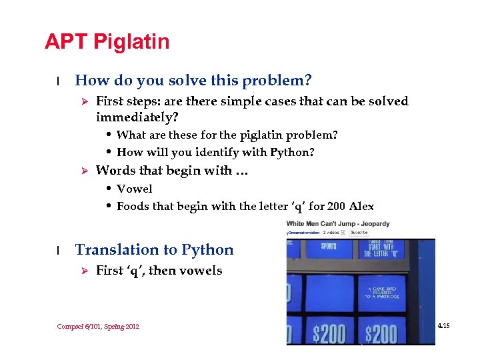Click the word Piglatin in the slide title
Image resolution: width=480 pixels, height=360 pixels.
131,43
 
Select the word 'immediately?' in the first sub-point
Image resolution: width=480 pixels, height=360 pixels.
137,117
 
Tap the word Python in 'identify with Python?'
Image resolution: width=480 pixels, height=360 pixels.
292,152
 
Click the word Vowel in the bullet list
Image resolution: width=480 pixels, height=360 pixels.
135,189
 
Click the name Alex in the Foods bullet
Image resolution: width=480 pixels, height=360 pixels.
362,206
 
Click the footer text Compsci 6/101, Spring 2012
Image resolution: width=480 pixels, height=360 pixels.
98,326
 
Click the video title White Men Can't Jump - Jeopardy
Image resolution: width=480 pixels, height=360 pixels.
338,223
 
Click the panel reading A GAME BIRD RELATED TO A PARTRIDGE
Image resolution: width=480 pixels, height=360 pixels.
382,291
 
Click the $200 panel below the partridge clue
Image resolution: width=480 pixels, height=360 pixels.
382,331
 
